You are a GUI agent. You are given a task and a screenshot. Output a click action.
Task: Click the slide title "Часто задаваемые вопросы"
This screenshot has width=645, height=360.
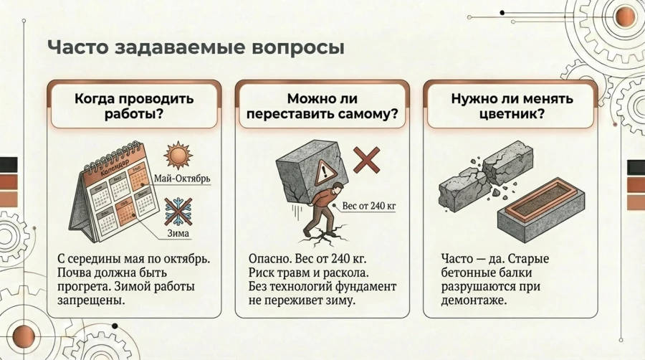[195, 48]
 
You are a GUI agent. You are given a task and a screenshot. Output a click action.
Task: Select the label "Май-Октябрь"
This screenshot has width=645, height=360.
[183, 179]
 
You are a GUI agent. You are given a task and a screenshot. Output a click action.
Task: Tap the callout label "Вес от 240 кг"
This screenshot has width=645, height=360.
[369, 206]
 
